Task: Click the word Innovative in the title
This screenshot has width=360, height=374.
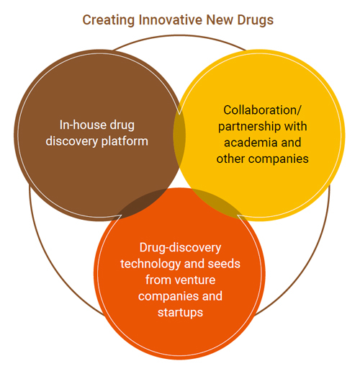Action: [171, 19]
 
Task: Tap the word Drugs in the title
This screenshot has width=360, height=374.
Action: [256, 20]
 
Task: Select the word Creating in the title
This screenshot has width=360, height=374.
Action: [109, 20]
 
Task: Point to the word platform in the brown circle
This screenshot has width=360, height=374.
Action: [125, 141]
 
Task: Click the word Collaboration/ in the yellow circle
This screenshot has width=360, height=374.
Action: [262, 110]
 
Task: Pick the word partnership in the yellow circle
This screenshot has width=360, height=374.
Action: [248, 127]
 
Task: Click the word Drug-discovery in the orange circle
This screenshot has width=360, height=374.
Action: [180, 248]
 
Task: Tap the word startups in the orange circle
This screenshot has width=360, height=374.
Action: [180, 313]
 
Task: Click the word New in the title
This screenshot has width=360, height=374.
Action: [220, 19]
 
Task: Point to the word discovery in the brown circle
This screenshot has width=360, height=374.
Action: [72, 141]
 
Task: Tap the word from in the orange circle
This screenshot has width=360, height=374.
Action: [156, 280]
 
